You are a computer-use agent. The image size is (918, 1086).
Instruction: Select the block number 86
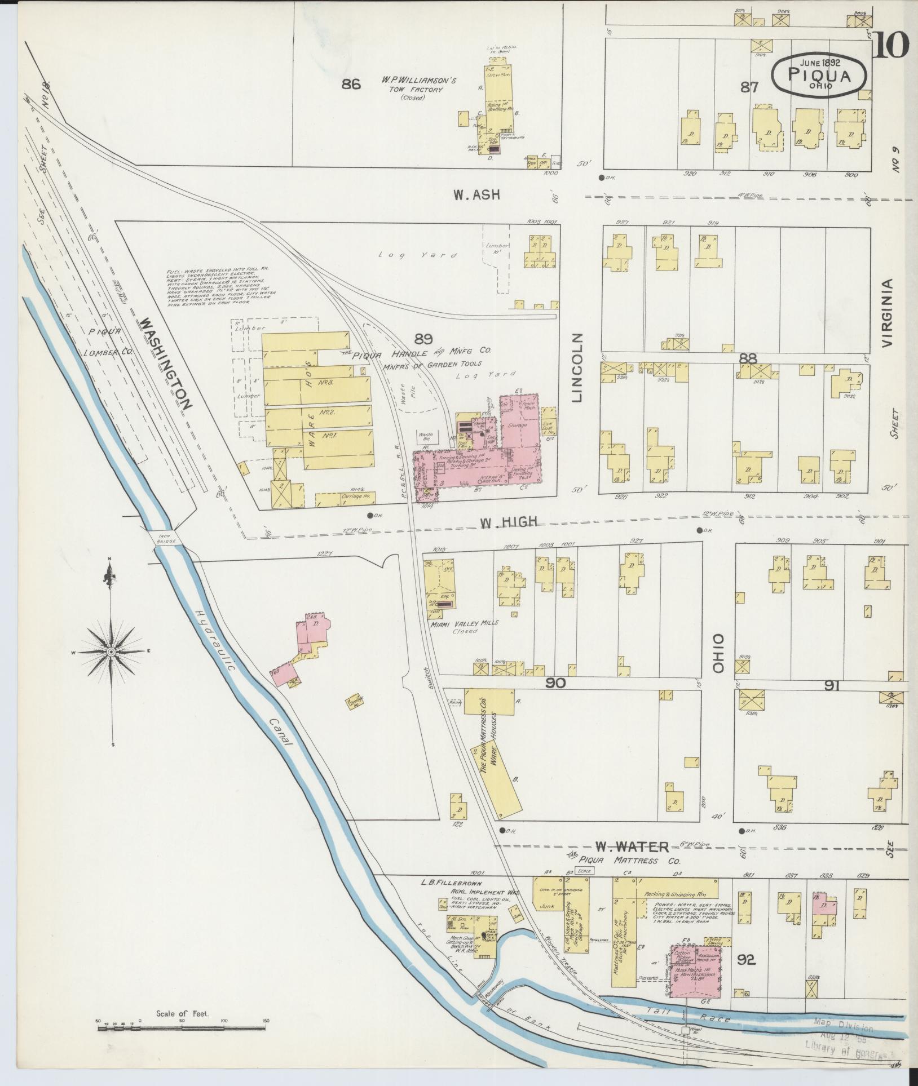click(351, 85)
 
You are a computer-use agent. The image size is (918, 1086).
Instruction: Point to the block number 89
click(423, 339)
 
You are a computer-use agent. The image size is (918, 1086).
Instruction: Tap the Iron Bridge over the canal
click(164, 537)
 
